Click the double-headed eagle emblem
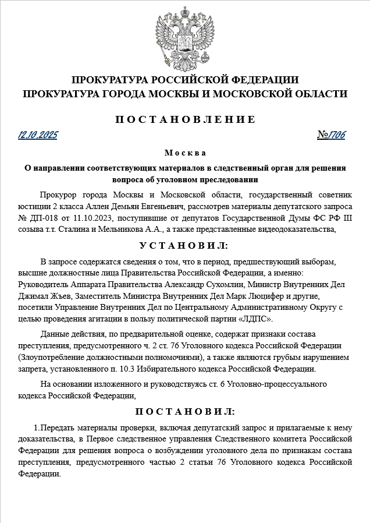pos(184,36)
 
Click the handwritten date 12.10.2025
pos(38,136)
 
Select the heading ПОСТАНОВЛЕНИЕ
pos(185,119)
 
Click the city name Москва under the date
pos(185,153)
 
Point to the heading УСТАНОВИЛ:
pos(185,246)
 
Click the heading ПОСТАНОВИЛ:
pos(185,412)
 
